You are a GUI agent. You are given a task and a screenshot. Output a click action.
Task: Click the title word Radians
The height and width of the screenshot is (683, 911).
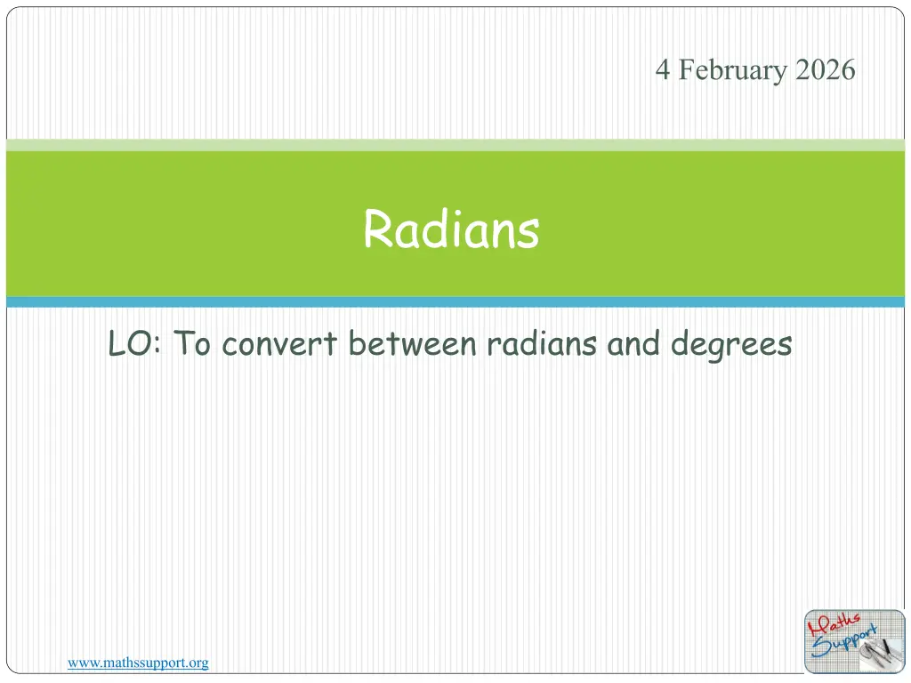click(x=451, y=229)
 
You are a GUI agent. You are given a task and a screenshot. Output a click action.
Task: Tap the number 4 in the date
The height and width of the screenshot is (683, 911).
click(x=662, y=69)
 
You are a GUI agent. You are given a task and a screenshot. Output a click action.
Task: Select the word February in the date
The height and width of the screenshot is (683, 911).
click(x=733, y=71)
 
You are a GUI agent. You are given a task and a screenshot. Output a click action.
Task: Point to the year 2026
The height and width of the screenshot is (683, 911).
click(x=825, y=69)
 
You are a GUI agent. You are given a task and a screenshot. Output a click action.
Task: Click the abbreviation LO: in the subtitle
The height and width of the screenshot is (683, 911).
click(x=135, y=343)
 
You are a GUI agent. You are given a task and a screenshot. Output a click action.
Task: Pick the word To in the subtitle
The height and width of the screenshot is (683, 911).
click(x=192, y=342)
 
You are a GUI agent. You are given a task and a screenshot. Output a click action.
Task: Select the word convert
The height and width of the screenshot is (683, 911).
click(x=279, y=344)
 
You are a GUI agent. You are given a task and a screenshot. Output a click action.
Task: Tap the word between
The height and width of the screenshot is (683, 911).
click(x=412, y=343)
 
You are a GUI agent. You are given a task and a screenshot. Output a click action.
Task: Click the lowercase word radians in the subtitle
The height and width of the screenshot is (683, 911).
click(x=542, y=343)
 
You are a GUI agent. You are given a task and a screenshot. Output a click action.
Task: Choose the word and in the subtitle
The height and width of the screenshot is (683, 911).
click(x=633, y=343)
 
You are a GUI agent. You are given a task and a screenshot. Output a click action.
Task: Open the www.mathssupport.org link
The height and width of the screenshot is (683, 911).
click(x=138, y=663)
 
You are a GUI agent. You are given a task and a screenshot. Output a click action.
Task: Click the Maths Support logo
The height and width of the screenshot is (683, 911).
click(x=855, y=642)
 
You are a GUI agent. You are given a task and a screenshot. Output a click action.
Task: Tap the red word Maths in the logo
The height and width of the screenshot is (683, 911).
click(x=834, y=624)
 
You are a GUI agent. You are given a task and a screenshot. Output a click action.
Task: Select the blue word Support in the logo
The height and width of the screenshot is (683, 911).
click(x=843, y=642)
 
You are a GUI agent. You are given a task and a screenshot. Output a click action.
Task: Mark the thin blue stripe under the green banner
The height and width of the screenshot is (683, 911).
click(x=455, y=302)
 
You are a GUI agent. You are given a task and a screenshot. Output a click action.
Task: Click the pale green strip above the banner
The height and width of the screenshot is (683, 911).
click(x=455, y=145)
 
